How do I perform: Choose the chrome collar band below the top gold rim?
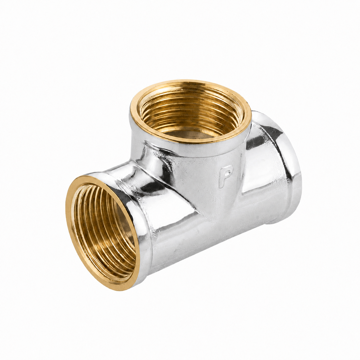click(x=191, y=150)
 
